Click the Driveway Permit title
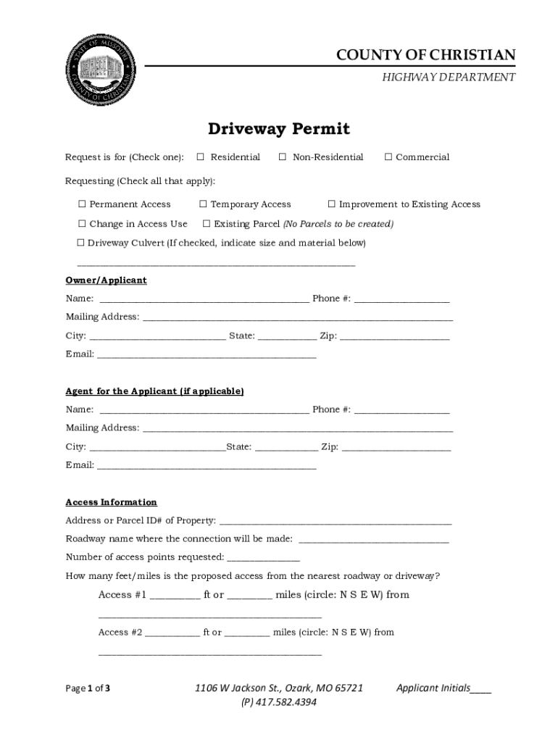pyautogui.click(x=279, y=129)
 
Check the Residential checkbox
pyautogui.click(x=201, y=157)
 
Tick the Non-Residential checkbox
pyautogui.click(x=283, y=157)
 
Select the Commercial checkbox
pyautogui.click(x=388, y=157)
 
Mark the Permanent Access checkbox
pyautogui.click(x=82, y=204)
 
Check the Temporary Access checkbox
pyautogui.click(x=204, y=204)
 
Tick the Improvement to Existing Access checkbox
pyautogui.click(x=332, y=204)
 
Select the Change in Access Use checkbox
pyautogui.click(x=82, y=224)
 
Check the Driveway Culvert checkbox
pyautogui.click(x=81, y=243)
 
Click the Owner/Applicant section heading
pyautogui.click(x=106, y=280)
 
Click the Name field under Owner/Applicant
pyautogui.click(x=204, y=298)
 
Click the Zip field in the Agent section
pyautogui.click(x=396, y=446)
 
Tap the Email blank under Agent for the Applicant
pyautogui.click(x=207, y=465)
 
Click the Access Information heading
pyautogui.click(x=111, y=502)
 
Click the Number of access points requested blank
pyautogui.click(x=263, y=557)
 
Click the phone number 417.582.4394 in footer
pyautogui.click(x=278, y=702)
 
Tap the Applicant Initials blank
pyautogui.click(x=480, y=688)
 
